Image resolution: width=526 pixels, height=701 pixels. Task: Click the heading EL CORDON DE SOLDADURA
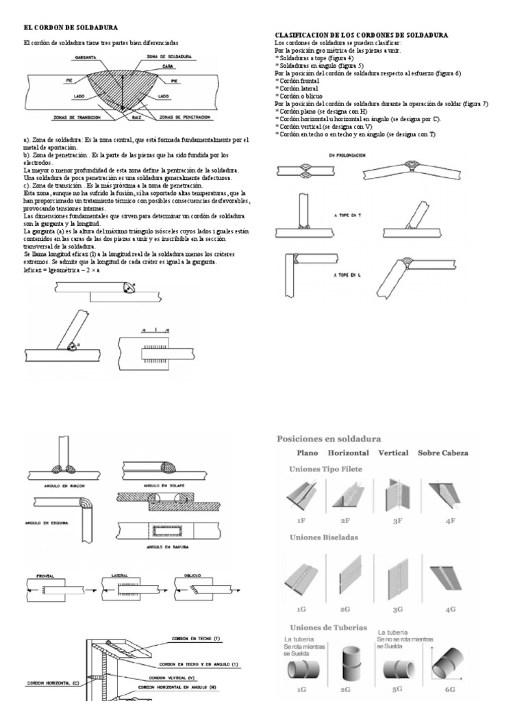[71, 27]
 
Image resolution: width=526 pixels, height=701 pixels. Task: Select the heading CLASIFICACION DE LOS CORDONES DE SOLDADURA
[362, 34]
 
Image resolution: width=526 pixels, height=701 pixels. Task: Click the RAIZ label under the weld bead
[127, 118]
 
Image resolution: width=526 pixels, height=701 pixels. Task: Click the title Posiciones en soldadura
[329, 438]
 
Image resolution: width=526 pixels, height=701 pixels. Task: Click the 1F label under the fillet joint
[301, 520]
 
